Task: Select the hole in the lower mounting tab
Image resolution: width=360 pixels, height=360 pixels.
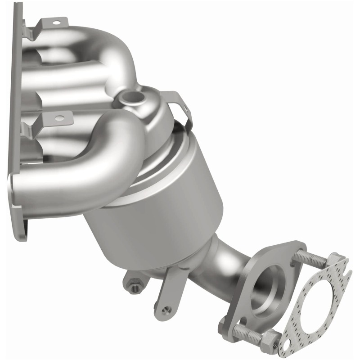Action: (58, 119)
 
